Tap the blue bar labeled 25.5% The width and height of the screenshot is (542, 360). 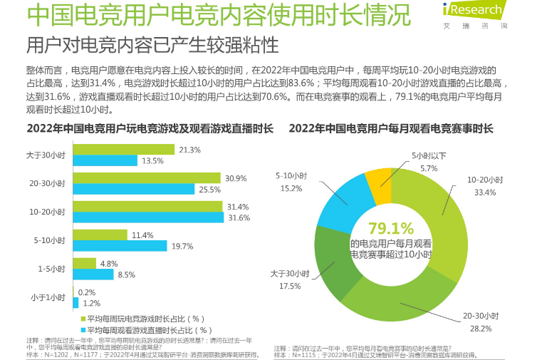[x=133, y=189]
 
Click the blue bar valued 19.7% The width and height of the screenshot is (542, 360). [x=111, y=246]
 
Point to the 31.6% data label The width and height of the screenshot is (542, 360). [x=239, y=217]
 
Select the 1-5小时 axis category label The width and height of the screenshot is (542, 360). [x=53, y=269]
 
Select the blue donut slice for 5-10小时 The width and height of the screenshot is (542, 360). [x=340, y=203]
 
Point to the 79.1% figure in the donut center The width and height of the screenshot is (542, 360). [x=390, y=228]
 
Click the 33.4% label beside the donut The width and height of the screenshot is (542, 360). [x=484, y=192]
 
